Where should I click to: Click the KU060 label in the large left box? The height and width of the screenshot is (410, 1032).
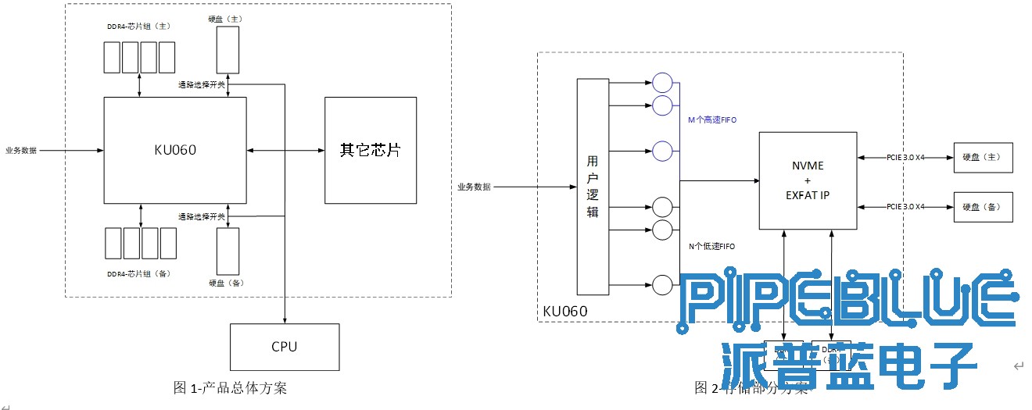[x=175, y=150]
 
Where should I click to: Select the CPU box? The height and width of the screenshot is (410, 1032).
[x=285, y=346]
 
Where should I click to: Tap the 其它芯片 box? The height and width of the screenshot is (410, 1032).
[x=371, y=150]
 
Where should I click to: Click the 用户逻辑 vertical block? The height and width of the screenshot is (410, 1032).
[x=593, y=186]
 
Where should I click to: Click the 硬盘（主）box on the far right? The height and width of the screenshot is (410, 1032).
[x=984, y=157]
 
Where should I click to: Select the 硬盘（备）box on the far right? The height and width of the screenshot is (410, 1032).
[x=984, y=207]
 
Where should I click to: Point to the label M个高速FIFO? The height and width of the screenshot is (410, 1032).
[x=712, y=119]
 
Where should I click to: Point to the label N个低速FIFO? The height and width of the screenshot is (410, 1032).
[x=711, y=246]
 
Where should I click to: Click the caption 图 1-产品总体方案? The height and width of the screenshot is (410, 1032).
[x=230, y=387]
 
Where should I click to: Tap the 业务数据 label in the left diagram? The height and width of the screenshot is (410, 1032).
[x=21, y=150]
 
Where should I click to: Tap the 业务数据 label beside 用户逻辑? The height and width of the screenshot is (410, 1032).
[x=474, y=187]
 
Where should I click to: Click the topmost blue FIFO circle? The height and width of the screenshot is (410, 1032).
[x=662, y=82]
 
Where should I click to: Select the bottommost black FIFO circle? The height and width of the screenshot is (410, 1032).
[x=662, y=285]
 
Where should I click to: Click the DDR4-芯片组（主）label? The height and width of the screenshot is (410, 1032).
[x=138, y=26]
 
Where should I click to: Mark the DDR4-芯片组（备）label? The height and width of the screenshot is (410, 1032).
[x=138, y=273]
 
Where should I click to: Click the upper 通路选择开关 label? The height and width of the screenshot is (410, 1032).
[x=201, y=84]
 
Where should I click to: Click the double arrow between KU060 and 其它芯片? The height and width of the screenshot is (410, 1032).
[x=285, y=150]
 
